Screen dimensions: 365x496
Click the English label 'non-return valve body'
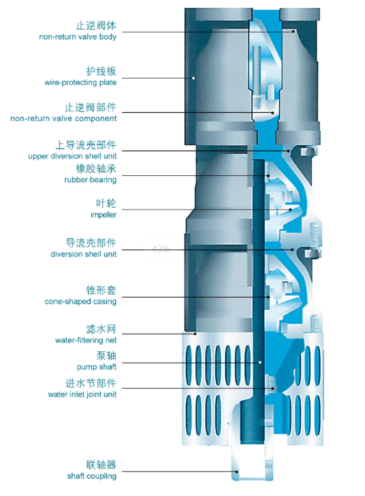(78, 37)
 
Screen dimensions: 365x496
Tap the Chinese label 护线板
(101, 71)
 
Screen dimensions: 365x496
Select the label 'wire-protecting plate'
(80, 83)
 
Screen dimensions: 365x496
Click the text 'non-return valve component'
(63, 119)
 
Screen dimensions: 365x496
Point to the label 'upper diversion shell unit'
(72, 156)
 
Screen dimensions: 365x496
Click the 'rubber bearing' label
(90, 180)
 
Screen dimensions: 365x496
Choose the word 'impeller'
(103, 215)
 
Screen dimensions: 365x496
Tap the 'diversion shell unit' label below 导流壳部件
(83, 254)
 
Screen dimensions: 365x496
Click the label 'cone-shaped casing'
(80, 302)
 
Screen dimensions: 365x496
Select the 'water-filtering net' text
(86, 340)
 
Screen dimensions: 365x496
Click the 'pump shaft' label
(96, 367)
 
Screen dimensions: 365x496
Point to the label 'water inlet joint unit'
(82, 395)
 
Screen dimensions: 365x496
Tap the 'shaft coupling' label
(91, 476)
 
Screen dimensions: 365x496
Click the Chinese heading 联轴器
(101, 465)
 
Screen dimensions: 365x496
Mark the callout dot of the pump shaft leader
(260, 362)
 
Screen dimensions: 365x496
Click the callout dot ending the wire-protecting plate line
(193, 78)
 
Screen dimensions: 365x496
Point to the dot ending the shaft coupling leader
(237, 472)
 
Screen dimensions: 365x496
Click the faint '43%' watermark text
(161, 249)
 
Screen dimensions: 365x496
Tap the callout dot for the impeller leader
(290, 209)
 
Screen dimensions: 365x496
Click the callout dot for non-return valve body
(294, 31)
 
